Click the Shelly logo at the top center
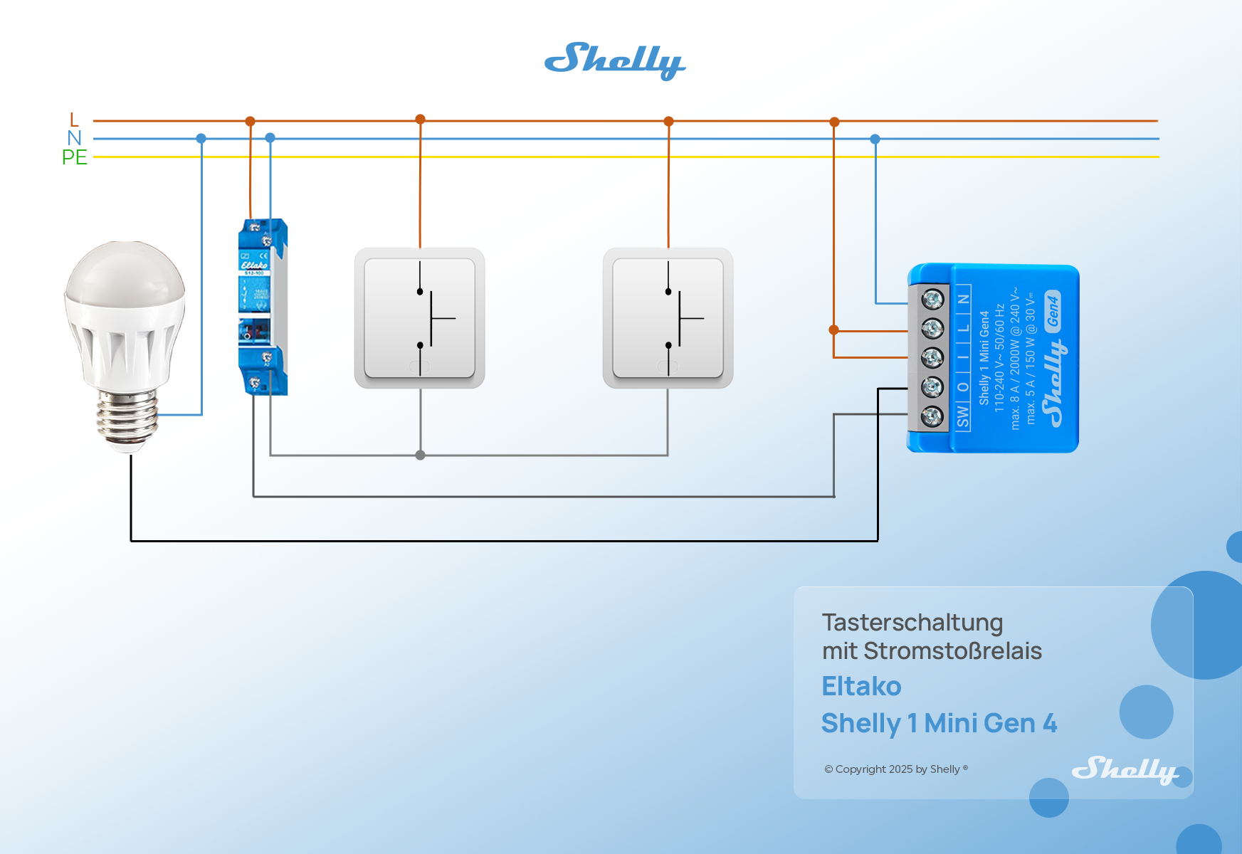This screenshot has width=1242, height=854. click(x=615, y=60)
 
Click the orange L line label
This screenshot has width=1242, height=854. click(x=74, y=120)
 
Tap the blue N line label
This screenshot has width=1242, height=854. click(x=74, y=138)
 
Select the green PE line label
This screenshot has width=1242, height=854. click(x=74, y=157)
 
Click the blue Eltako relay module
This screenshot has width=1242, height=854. click(x=263, y=307)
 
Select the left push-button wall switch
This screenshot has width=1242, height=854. click(x=420, y=318)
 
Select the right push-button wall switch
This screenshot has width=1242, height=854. click(x=668, y=318)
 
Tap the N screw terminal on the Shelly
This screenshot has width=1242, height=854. click(x=932, y=300)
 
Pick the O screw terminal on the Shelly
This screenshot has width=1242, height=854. click(x=932, y=387)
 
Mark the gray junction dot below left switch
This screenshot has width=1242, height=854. click(x=421, y=455)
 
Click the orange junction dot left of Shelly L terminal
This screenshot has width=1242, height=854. click(x=833, y=330)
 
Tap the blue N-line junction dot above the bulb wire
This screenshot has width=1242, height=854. click(x=201, y=139)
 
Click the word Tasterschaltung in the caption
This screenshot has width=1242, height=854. click(x=912, y=623)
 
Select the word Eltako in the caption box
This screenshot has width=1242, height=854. click(x=861, y=687)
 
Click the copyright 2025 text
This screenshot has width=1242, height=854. click(x=895, y=769)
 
